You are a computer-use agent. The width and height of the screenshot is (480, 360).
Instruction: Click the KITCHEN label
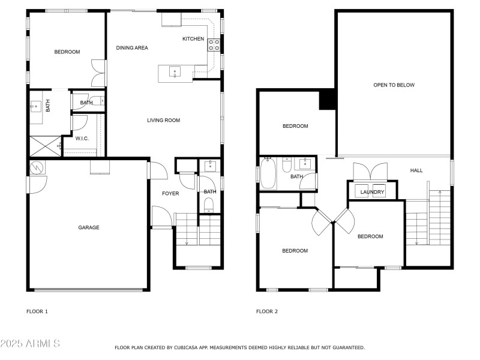pos(193,39)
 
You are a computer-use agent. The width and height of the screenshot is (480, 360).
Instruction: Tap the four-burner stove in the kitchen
pos(214,45)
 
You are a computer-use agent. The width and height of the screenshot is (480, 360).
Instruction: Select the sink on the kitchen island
pos(175,73)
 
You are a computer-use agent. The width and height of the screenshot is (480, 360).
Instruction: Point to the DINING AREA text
pos(132,48)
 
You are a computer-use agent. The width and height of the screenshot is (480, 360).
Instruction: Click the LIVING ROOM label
pos(163,121)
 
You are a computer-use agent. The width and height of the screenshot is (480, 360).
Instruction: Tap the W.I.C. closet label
pos(82,139)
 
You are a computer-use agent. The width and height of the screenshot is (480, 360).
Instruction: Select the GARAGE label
pos(88,227)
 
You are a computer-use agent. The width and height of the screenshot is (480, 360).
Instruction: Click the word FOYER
pos(170,193)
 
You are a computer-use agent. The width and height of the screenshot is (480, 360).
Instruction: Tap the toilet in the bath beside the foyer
pos(209,207)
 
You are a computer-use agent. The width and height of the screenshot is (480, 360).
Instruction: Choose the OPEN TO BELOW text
pos(394,85)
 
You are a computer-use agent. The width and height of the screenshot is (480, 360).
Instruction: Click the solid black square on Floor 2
pos(327,100)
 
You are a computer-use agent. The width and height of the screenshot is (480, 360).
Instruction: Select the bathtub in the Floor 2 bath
pos(268,174)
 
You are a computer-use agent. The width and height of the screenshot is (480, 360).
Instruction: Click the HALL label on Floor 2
pos(416,170)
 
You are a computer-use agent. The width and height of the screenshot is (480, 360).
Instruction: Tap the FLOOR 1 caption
pos(37,311)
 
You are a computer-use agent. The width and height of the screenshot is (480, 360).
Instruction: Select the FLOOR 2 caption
pos(267,311)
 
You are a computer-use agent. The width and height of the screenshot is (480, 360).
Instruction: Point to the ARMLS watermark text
pos(30,344)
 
